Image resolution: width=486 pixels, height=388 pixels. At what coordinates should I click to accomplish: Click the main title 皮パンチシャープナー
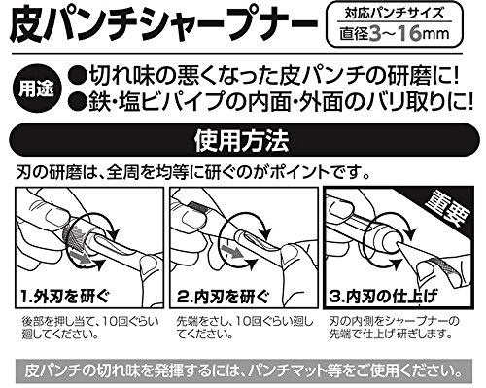point(163,25)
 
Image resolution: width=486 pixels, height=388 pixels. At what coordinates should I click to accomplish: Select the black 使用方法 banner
point(243,140)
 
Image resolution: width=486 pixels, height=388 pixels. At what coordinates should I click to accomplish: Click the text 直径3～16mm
point(395,34)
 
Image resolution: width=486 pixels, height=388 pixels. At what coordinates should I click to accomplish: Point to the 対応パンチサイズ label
point(394,14)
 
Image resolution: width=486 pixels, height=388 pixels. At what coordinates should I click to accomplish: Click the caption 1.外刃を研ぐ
point(65,297)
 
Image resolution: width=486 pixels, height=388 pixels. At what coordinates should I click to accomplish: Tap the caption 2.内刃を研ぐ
point(223,297)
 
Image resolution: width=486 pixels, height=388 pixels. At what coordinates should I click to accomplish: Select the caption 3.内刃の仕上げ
point(383,297)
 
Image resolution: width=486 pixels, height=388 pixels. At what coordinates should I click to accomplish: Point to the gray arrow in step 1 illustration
point(80,257)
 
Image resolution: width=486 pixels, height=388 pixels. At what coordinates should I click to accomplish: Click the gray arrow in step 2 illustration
point(231,251)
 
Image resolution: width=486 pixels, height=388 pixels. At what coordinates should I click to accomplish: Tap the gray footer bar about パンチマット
point(243,370)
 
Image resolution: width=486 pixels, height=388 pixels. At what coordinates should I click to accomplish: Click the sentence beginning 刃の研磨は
point(192,173)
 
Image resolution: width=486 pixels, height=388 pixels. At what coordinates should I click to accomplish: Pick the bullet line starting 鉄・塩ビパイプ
point(270,102)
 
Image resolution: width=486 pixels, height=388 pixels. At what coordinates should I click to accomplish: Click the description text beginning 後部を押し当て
point(90,328)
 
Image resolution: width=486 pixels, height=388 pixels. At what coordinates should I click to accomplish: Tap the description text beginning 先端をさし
point(245,328)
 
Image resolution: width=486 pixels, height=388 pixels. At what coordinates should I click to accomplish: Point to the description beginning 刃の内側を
point(394,328)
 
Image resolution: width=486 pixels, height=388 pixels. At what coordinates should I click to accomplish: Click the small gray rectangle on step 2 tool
point(197,207)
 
